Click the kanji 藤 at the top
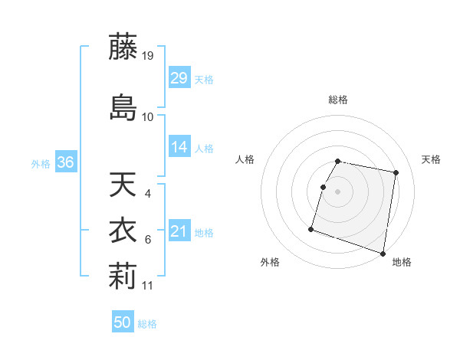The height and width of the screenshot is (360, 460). coord(123,47)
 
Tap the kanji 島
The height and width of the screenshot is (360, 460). coord(123,107)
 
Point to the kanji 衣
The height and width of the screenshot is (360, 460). coord(123,231)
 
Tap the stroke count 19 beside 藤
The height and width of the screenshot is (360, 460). coord(149,56)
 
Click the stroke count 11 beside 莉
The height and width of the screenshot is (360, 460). coord(149,286)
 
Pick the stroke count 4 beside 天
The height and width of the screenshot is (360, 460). coord(148,194)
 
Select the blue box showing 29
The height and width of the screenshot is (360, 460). coord(179,79)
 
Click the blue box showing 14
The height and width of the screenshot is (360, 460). coord(179,148)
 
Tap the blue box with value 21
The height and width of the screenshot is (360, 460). coord(179,232)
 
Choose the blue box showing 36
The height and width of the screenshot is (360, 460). coord(65,163)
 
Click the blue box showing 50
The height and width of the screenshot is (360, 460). coord(123,323)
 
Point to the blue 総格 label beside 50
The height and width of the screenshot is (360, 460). coord(147,324)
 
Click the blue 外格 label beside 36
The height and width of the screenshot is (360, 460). coord(40,164)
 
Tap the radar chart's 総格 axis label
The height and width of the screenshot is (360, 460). coord(338,100)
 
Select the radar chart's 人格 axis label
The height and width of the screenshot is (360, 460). coord(245,159)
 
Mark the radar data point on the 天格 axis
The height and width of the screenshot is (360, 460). coord(396,173)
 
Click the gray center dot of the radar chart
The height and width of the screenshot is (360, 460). coord(338,191)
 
